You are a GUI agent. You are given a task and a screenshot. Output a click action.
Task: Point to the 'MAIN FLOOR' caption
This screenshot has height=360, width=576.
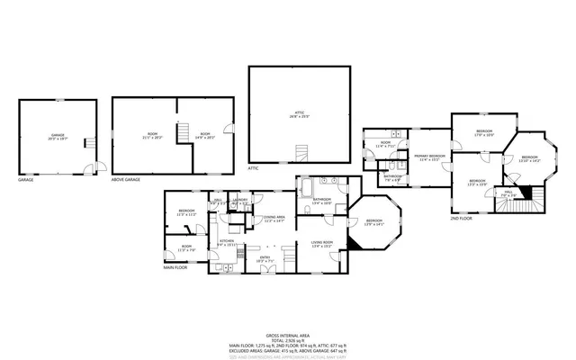[x=176, y=267]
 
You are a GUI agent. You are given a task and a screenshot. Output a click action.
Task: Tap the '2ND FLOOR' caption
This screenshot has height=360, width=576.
[x=460, y=218]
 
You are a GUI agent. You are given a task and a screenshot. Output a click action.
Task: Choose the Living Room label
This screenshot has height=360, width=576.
[x=322, y=242]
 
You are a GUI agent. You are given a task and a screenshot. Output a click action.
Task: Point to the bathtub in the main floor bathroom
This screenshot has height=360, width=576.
[x=305, y=189]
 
